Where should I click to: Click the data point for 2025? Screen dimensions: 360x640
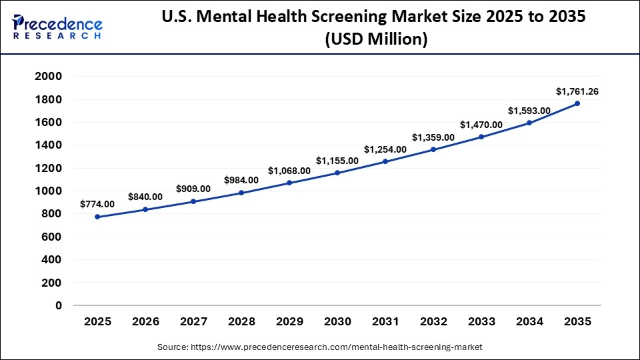[97, 217]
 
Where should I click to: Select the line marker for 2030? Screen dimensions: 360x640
[337, 173]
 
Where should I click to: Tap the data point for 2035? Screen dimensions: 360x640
[577, 103]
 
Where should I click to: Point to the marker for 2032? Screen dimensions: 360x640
[433, 149]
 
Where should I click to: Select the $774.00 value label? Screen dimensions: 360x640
[97, 204]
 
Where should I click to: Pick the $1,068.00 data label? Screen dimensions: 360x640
[289, 170]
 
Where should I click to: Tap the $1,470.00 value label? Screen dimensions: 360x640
[481, 124]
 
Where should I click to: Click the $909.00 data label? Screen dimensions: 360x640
[193, 189]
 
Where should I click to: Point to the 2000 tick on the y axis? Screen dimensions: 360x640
[49, 77]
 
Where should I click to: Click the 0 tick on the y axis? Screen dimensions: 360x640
[59, 305]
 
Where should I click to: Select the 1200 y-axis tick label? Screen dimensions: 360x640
[49, 168]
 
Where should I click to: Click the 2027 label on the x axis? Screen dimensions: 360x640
[193, 321]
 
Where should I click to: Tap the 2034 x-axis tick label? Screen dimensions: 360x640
[529, 321]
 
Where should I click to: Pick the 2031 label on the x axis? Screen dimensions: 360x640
[385, 321]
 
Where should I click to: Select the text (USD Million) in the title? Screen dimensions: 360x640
[375, 39]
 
